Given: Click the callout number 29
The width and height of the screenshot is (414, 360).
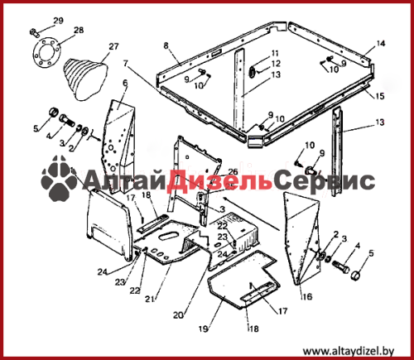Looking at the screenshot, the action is pyautogui.click(x=58, y=21).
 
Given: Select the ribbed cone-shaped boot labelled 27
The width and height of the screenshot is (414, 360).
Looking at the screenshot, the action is pyautogui.click(x=85, y=79).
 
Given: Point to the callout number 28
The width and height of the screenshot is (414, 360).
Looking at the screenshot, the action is pyautogui.click(x=79, y=30).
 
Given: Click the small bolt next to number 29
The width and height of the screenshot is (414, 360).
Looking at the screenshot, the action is pyautogui.click(x=35, y=32).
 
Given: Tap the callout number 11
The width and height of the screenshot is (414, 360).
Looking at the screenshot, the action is pyautogui.click(x=275, y=53).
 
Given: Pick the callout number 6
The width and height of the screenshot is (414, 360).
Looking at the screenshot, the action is pyautogui.click(x=125, y=83).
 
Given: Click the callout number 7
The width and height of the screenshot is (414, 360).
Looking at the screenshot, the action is pyautogui.click(x=126, y=64).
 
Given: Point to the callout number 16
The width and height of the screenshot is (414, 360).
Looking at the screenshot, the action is pyautogui.click(x=307, y=297).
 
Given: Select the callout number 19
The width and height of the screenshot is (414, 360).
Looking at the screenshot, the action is pyautogui.click(x=204, y=329).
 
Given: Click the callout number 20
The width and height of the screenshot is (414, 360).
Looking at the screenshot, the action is pyautogui.click(x=178, y=314).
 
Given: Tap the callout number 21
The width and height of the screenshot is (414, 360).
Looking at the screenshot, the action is pyautogui.click(x=150, y=299).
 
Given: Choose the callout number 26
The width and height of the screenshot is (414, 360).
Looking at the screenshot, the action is pyautogui.click(x=233, y=172).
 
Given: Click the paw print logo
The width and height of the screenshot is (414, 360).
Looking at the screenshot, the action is pyautogui.click(x=59, y=178).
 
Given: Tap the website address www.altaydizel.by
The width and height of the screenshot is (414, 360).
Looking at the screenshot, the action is pyautogui.click(x=349, y=352).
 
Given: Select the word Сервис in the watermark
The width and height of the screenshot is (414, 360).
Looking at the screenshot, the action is pyautogui.click(x=325, y=181).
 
